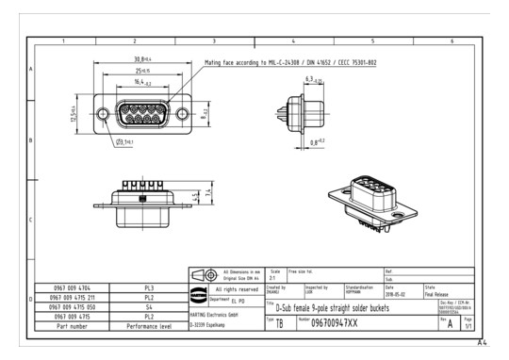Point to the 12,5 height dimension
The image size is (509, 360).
[x=72, y=115]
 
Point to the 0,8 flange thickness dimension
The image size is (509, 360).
[x=320, y=142]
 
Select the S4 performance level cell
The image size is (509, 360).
[x=149, y=304]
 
